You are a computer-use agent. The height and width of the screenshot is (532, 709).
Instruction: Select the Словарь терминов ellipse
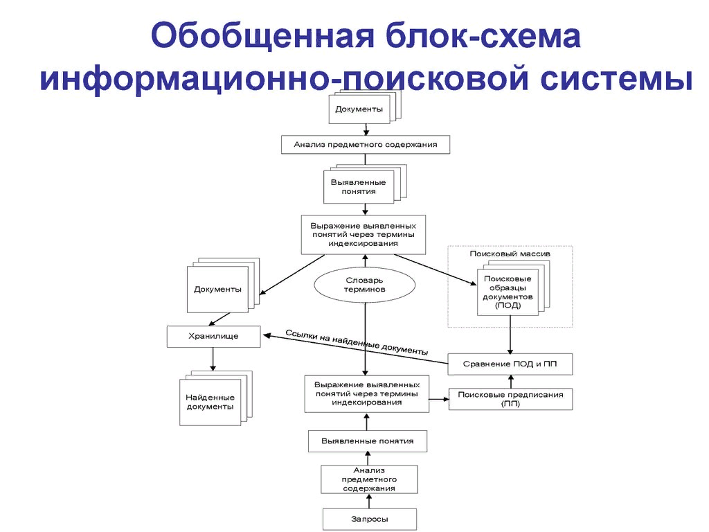click(x=365, y=285)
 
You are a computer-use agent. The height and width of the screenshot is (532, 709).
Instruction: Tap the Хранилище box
click(x=213, y=336)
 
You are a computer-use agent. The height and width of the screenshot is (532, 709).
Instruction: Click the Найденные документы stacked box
click(x=210, y=402)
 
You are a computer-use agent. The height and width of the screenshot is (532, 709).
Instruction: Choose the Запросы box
click(x=369, y=519)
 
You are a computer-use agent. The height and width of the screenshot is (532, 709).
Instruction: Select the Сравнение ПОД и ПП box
click(x=510, y=364)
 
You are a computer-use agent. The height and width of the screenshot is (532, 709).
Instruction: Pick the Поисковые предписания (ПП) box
click(x=510, y=399)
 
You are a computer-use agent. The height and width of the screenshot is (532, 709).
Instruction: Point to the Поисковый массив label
click(x=510, y=254)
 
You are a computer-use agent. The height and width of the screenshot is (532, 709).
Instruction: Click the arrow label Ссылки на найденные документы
click(x=357, y=342)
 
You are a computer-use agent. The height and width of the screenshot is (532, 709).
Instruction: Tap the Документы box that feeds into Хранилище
click(x=217, y=289)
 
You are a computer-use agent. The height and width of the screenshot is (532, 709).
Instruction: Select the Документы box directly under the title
click(x=359, y=109)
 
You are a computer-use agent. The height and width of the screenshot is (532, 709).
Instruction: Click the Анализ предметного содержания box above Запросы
click(x=368, y=479)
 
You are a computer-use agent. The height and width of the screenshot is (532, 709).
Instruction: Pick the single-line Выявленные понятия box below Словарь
click(x=367, y=441)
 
